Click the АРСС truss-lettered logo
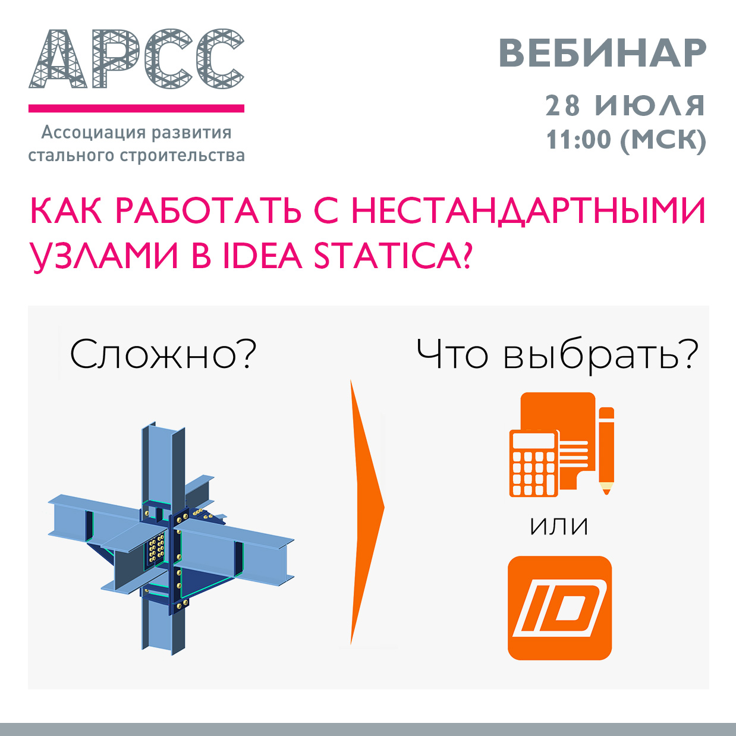click(136, 58)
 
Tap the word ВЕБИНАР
click(602, 54)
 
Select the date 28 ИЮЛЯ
click(625, 106)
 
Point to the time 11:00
click(578, 139)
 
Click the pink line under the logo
click(136, 108)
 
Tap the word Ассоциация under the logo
click(93, 133)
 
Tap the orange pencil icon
click(606, 451)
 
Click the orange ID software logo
click(559, 608)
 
